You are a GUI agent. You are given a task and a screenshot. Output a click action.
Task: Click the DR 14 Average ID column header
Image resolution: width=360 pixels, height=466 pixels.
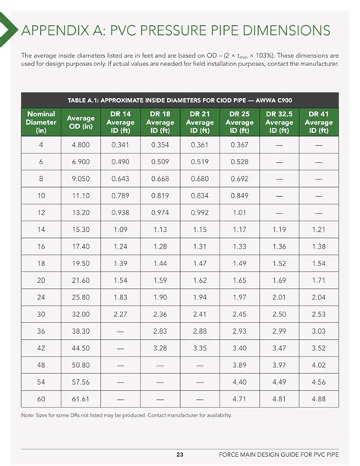[x=120, y=122]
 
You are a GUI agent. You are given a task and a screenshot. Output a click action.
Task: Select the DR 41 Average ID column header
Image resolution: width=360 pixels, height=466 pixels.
[x=319, y=122]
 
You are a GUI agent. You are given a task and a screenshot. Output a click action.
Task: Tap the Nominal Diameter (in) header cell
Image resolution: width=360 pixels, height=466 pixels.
[x=41, y=122]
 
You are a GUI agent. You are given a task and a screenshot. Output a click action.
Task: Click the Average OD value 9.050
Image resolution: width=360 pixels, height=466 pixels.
[x=81, y=178]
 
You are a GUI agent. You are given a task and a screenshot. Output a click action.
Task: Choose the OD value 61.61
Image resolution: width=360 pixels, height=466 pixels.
[x=81, y=398]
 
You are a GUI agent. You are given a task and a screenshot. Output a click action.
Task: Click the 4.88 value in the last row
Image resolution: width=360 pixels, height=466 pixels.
[x=319, y=398]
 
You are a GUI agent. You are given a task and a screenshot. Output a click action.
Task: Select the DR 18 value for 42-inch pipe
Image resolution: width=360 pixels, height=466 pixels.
[x=160, y=347]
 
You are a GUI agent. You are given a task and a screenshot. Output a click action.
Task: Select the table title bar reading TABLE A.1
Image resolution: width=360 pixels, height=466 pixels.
[x=180, y=99]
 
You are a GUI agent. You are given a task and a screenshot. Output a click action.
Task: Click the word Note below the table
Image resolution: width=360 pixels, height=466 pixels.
[x=27, y=415]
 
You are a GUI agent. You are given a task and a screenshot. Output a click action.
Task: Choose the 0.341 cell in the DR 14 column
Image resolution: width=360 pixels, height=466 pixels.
[x=120, y=144]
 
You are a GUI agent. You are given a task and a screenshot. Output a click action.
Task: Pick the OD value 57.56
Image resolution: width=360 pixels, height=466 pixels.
[x=81, y=382]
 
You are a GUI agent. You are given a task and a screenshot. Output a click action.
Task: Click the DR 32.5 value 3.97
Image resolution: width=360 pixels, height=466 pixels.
[x=279, y=364]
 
